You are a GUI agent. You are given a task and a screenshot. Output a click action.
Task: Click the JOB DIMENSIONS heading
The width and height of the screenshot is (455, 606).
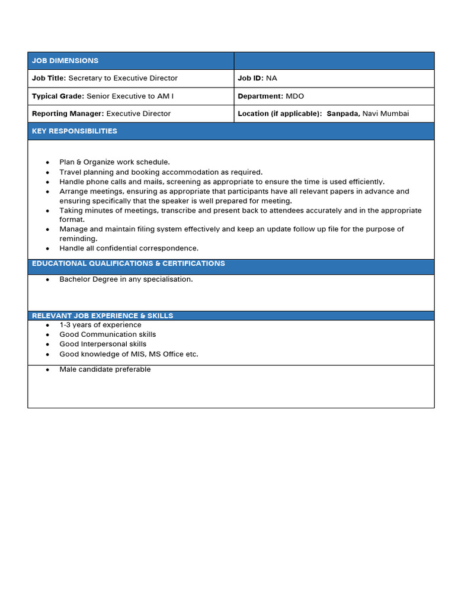[x=65, y=61]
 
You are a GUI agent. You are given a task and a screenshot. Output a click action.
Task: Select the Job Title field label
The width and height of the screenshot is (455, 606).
[x=49, y=78]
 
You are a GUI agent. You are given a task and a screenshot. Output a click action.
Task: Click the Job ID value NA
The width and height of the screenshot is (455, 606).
[x=271, y=78]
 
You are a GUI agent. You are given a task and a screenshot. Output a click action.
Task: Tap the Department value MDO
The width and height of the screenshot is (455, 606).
[x=294, y=96]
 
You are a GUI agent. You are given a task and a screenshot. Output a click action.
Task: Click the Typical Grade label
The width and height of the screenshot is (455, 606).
[x=58, y=96]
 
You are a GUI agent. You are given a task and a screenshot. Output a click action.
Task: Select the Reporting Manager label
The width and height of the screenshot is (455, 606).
[x=68, y=114]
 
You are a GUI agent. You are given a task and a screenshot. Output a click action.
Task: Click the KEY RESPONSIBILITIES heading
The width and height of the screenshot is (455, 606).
[x=75, y=131]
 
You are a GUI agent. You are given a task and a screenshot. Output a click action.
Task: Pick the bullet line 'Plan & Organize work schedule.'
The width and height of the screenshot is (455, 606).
[x=114, y=162]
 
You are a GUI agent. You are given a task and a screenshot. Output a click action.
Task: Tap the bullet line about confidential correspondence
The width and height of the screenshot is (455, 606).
[x=129, y=249]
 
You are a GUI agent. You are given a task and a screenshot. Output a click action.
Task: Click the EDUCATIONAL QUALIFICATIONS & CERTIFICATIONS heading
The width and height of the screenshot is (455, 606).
[x=129, y=263]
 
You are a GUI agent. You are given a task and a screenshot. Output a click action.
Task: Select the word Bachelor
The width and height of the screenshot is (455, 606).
[x=75, y=279]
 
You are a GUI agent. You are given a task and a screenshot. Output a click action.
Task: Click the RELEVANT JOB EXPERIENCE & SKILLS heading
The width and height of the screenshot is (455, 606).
[x=102, y=316]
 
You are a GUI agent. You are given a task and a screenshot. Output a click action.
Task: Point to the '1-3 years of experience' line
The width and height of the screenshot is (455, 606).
[x=100, y=325]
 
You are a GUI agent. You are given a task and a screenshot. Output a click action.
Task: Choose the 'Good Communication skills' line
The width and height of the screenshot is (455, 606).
[x=108, y=334]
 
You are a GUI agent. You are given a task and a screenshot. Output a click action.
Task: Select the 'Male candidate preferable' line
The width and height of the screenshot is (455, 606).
[x=105, y=369]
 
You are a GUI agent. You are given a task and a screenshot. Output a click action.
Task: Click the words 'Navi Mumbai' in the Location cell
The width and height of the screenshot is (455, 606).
[x=386, y=114]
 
